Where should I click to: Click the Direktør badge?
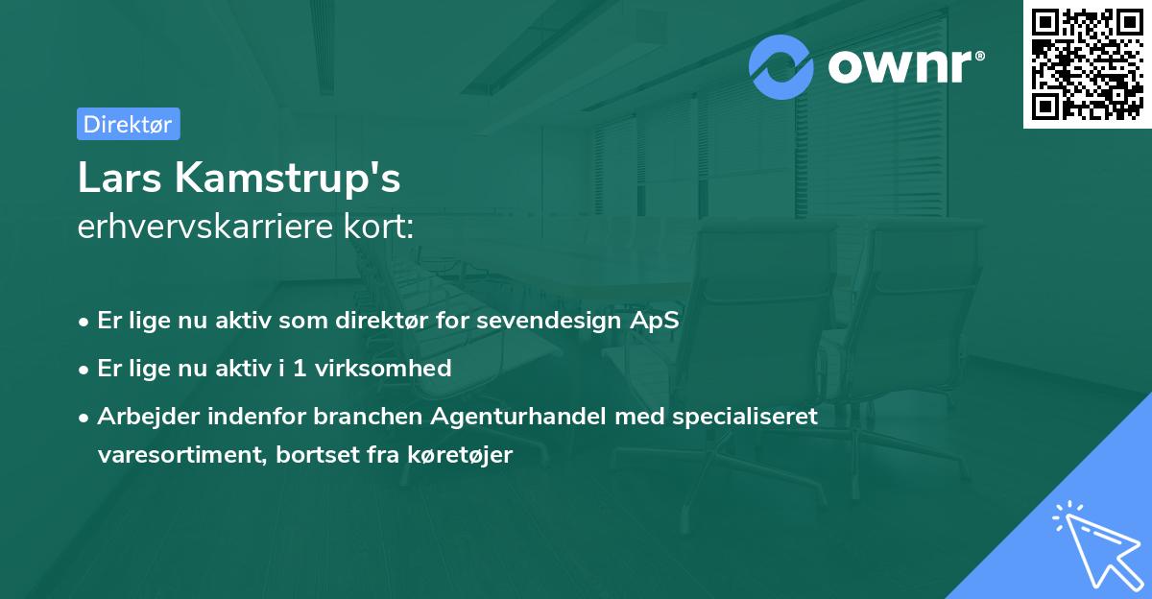(x=128, y=124)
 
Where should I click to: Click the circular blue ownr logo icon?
(x=781, y=66)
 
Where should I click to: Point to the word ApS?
(x=655, y=321)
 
